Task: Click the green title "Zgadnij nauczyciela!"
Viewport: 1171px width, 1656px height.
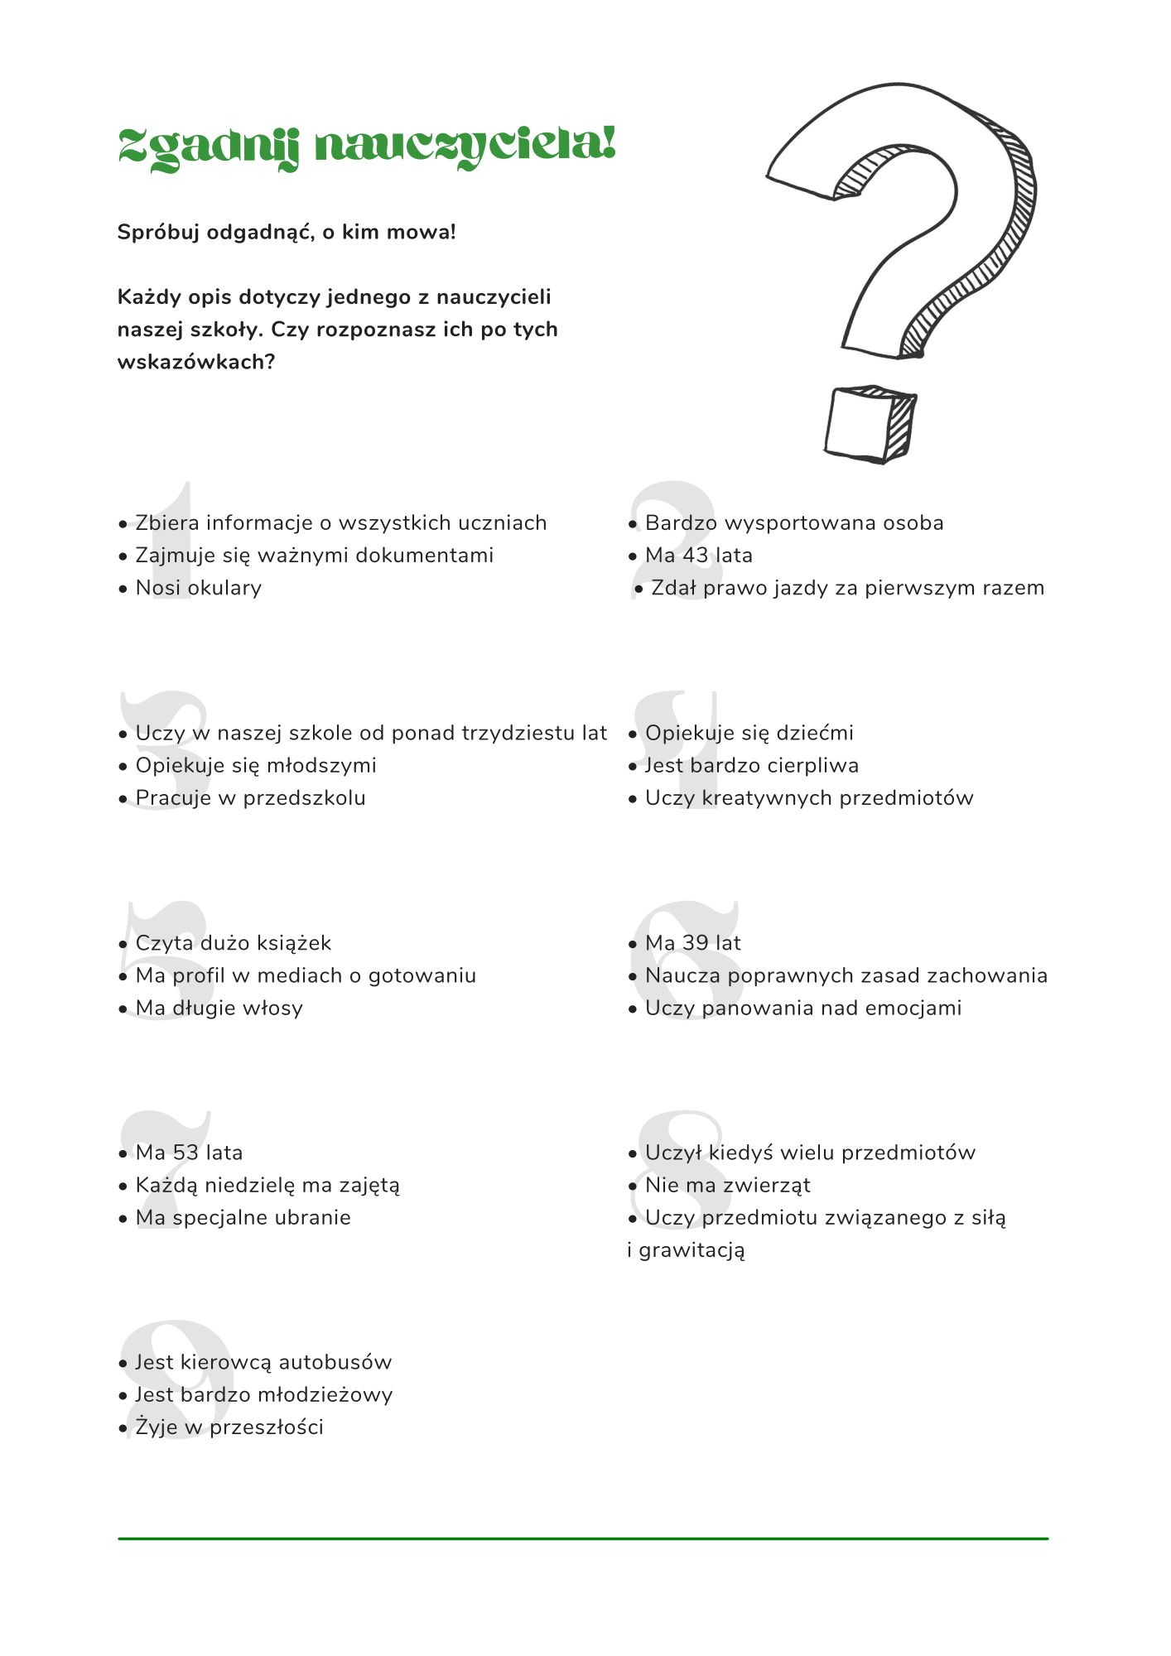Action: pyautogui.click(x=367, y=147)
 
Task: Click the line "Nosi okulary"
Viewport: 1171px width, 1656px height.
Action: pyautogui.click(x=199, y=588)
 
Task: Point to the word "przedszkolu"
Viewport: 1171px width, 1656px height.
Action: pyautogui.click(x=304, y=798)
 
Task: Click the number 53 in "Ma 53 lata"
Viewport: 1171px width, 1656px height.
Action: pyautogui.click(x=186, y=1153)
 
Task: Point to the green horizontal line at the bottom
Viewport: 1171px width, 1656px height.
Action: pyautogui.click(x=583, y=1538)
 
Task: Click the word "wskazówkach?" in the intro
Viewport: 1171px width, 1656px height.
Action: pyautogui.click(x=196, y=362)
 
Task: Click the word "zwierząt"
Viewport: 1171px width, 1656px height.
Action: pyautogui.click(x=767, y=1186)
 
